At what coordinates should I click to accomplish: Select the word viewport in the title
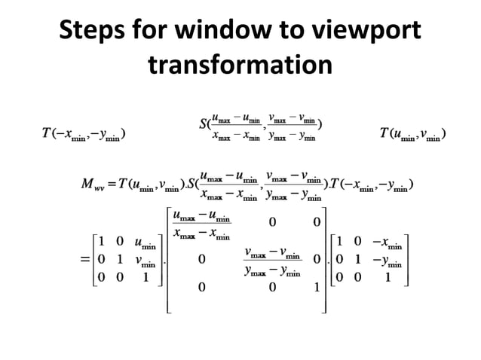tap(369, 32)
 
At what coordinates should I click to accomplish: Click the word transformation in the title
tap(240, 67)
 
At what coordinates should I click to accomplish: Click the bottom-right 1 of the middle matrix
tap(317, 287)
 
